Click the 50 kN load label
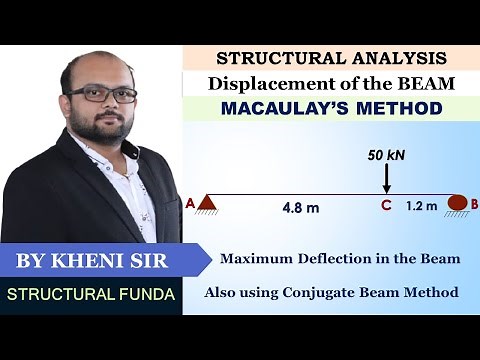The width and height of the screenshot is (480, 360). (385, 158)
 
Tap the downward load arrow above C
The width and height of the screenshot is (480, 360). (386, 180)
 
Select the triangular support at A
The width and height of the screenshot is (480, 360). (207, 204)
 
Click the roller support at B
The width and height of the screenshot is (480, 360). (458, 203)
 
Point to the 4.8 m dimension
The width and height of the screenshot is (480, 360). (299, 208)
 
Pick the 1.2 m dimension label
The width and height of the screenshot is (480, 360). (421, 207)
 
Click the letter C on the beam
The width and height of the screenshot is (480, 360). (385, 207)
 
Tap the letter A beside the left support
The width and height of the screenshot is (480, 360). (190, 203)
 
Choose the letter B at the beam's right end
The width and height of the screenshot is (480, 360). (474, 204)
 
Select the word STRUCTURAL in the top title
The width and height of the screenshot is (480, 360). (269, 59)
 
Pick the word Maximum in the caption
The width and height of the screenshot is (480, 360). (256, 258)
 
